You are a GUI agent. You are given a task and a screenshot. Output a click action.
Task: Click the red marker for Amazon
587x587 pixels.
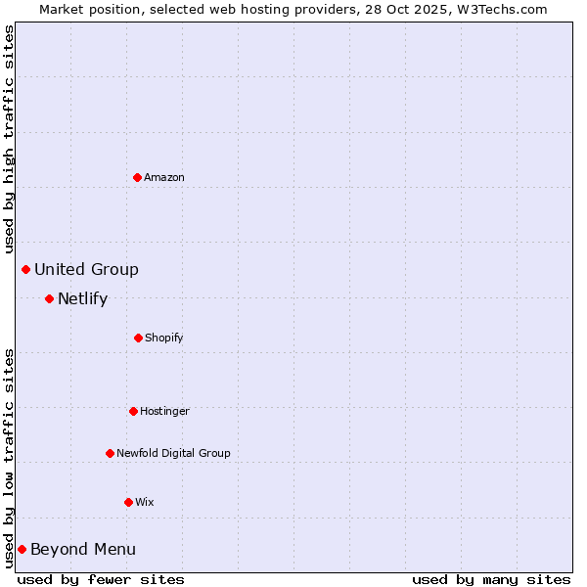click(137, 177)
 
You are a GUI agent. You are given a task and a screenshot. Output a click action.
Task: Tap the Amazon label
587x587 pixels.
click(164, 178)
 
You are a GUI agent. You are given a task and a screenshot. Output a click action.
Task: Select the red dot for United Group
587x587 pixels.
click(26, 269)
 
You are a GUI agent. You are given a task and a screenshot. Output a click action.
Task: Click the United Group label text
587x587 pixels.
click(86, 270)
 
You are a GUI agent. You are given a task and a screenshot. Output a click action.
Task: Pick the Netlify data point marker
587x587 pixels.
click(49, 298)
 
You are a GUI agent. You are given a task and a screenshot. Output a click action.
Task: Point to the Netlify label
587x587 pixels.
click(82, 299)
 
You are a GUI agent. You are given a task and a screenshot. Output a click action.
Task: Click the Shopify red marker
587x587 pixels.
click(138, 338)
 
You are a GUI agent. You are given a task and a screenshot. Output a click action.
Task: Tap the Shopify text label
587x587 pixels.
click(164, 339)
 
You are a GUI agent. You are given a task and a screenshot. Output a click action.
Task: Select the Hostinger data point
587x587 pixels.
click(133, 411)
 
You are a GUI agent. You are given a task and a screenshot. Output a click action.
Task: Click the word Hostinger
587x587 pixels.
click(164, 412)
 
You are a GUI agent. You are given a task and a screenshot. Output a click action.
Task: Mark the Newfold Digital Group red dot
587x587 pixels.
click(110, 453)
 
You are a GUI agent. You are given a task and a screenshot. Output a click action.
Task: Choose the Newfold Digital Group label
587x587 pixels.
click(173, 454)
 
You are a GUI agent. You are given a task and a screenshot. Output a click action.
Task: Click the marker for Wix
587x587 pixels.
click(128, 502)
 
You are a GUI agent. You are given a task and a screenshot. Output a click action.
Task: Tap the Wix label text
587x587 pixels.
click(145, 503)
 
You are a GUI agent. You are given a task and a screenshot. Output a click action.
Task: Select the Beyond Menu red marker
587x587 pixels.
click(22, 549)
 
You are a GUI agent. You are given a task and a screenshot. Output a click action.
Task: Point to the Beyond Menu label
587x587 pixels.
click(83, 550)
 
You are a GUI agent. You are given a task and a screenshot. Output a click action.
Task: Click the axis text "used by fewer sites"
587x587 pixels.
click(101, 579)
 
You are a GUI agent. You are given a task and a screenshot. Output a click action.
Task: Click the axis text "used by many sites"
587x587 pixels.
click(491, 579)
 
